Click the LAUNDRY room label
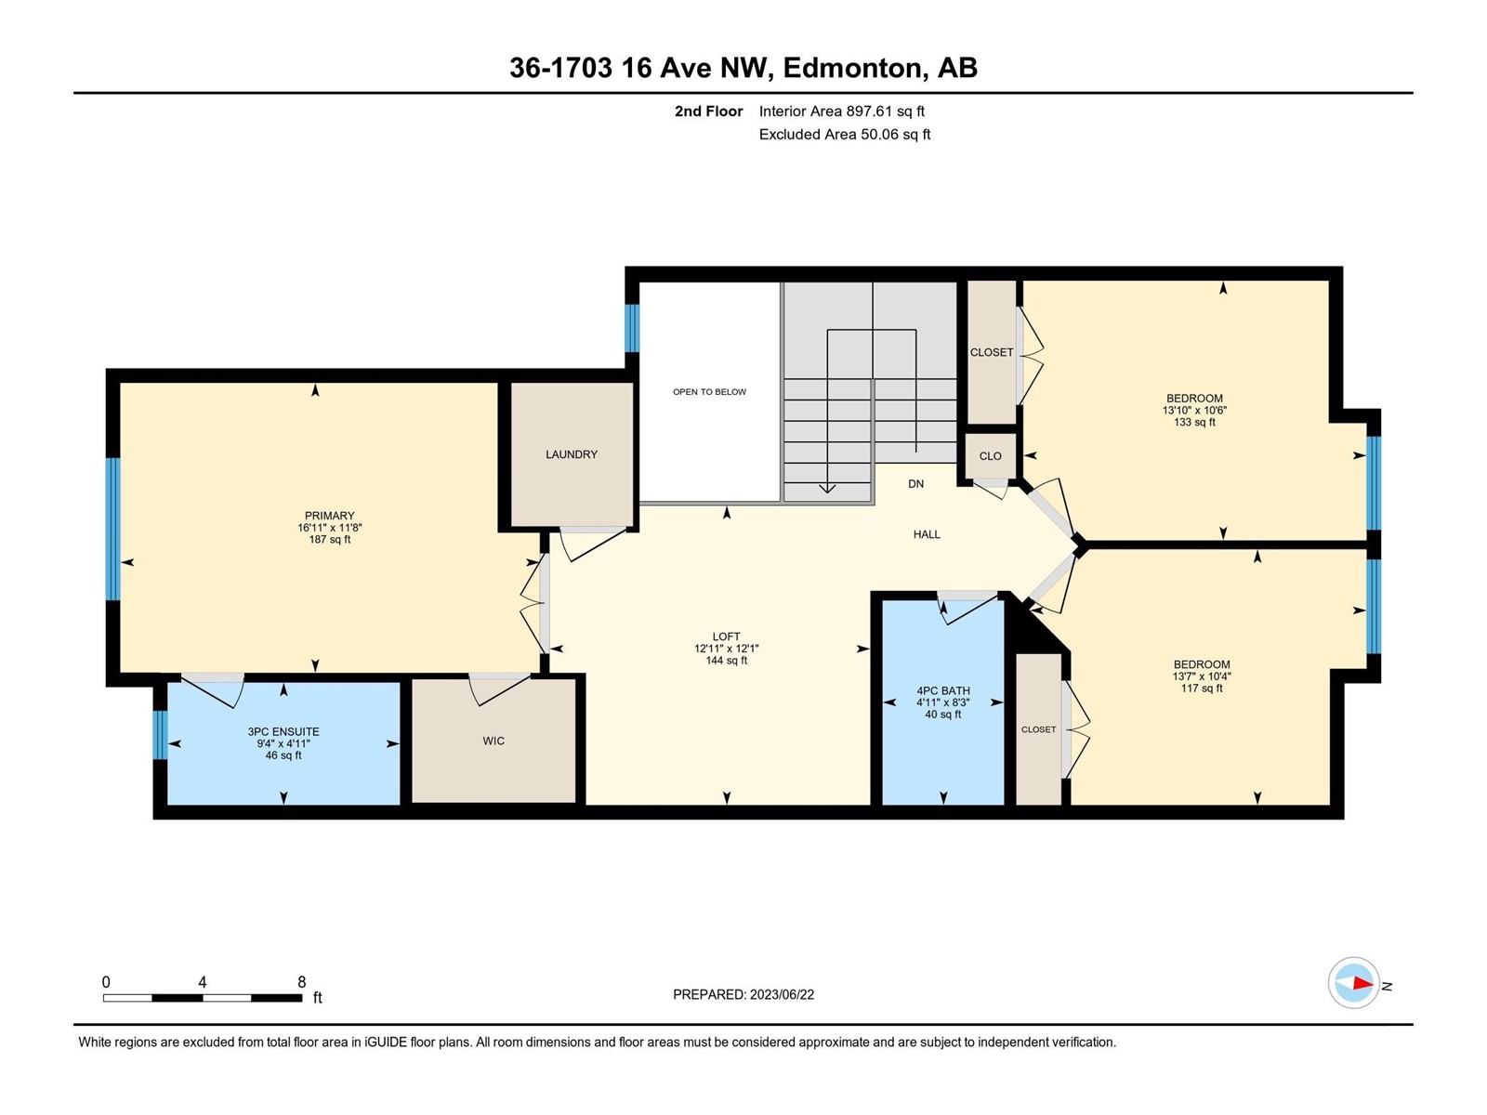(571, 454)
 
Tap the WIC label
(493, 741)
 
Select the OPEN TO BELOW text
(709, 392)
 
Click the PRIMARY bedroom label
(329, 516)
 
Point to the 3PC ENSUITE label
(283, 732)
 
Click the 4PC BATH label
(943, 690)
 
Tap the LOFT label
(726, 636)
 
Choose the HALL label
(927, 534)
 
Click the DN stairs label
(916, 483)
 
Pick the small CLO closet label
(990, 456)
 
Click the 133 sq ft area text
(1194, 423)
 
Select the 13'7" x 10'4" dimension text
(1202, 676)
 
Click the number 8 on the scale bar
(301, 981)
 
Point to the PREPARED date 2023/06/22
(781, 994)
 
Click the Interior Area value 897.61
(869, 111)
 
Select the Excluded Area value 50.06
(879, 134)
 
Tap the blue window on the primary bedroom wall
(112, 529)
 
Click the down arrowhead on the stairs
(827, 488)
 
